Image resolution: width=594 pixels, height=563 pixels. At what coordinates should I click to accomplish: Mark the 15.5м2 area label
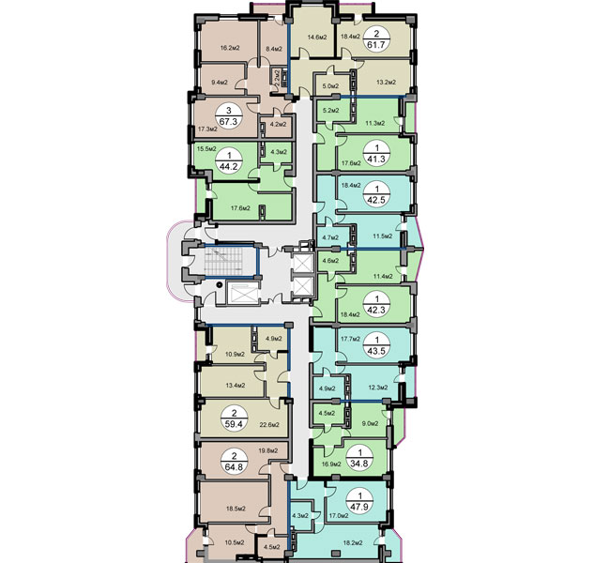pos(207,148)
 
